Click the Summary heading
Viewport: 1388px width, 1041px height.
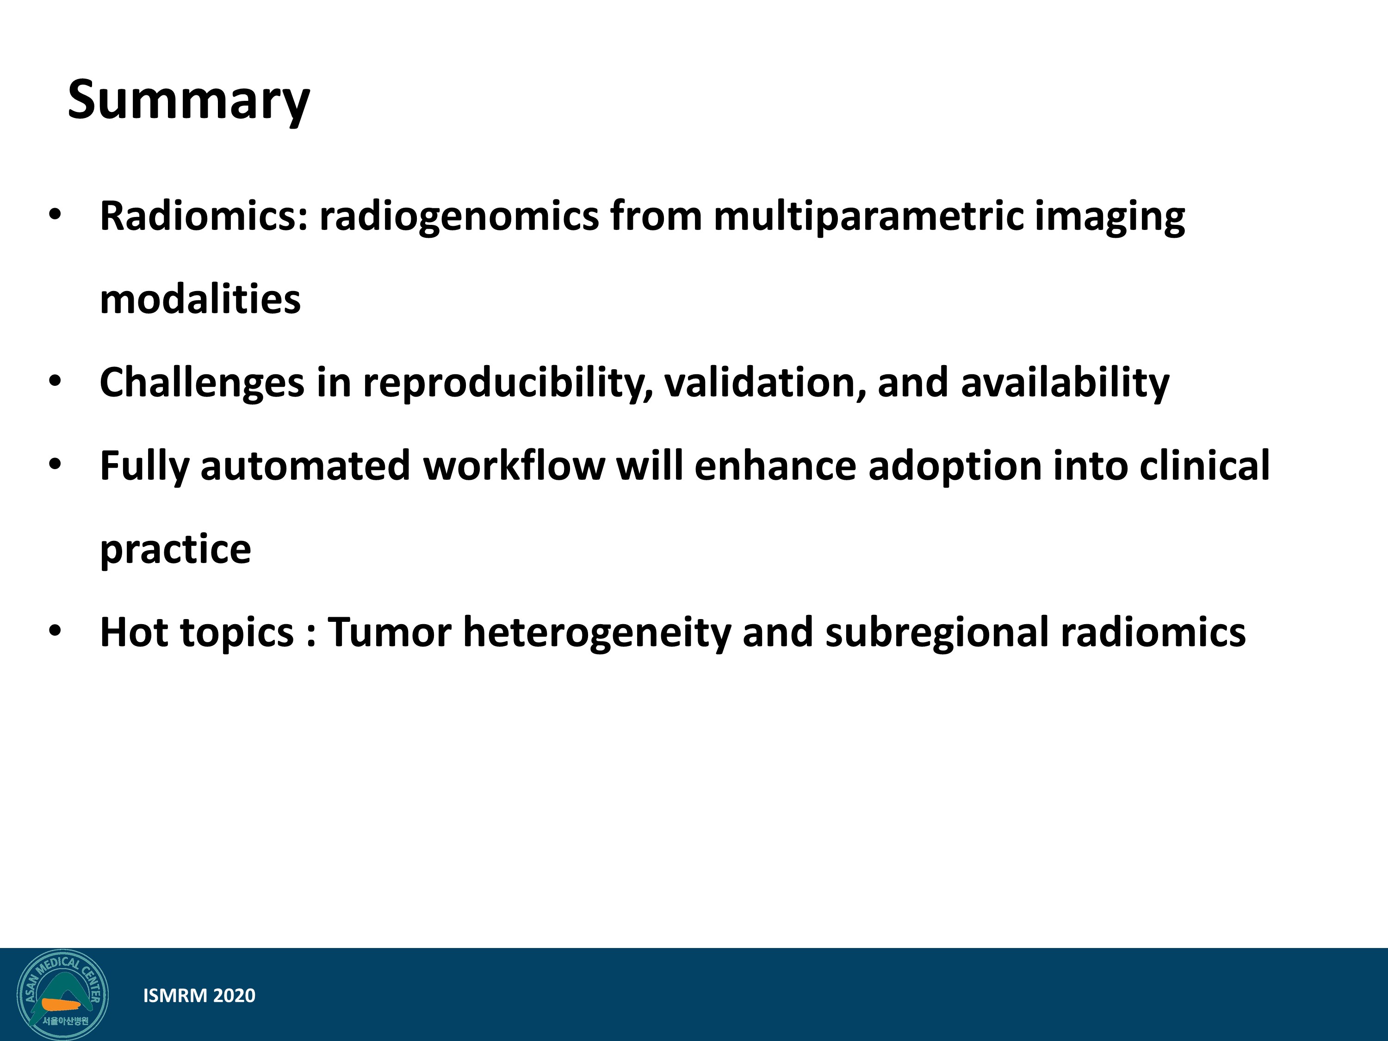(188, 100)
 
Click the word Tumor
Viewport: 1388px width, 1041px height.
(390, 632)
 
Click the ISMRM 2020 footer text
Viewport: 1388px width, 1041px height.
(199, 996)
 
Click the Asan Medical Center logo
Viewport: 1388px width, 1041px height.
(62, 995)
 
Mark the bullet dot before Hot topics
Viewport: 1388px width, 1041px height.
(55, 631)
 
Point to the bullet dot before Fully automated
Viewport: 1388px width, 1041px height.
(55, 465)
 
